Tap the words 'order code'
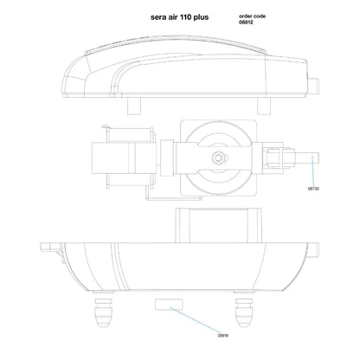[x=254, y=16]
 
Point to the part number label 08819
[x=222, y=335]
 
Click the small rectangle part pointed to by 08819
[x=168, y=304]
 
